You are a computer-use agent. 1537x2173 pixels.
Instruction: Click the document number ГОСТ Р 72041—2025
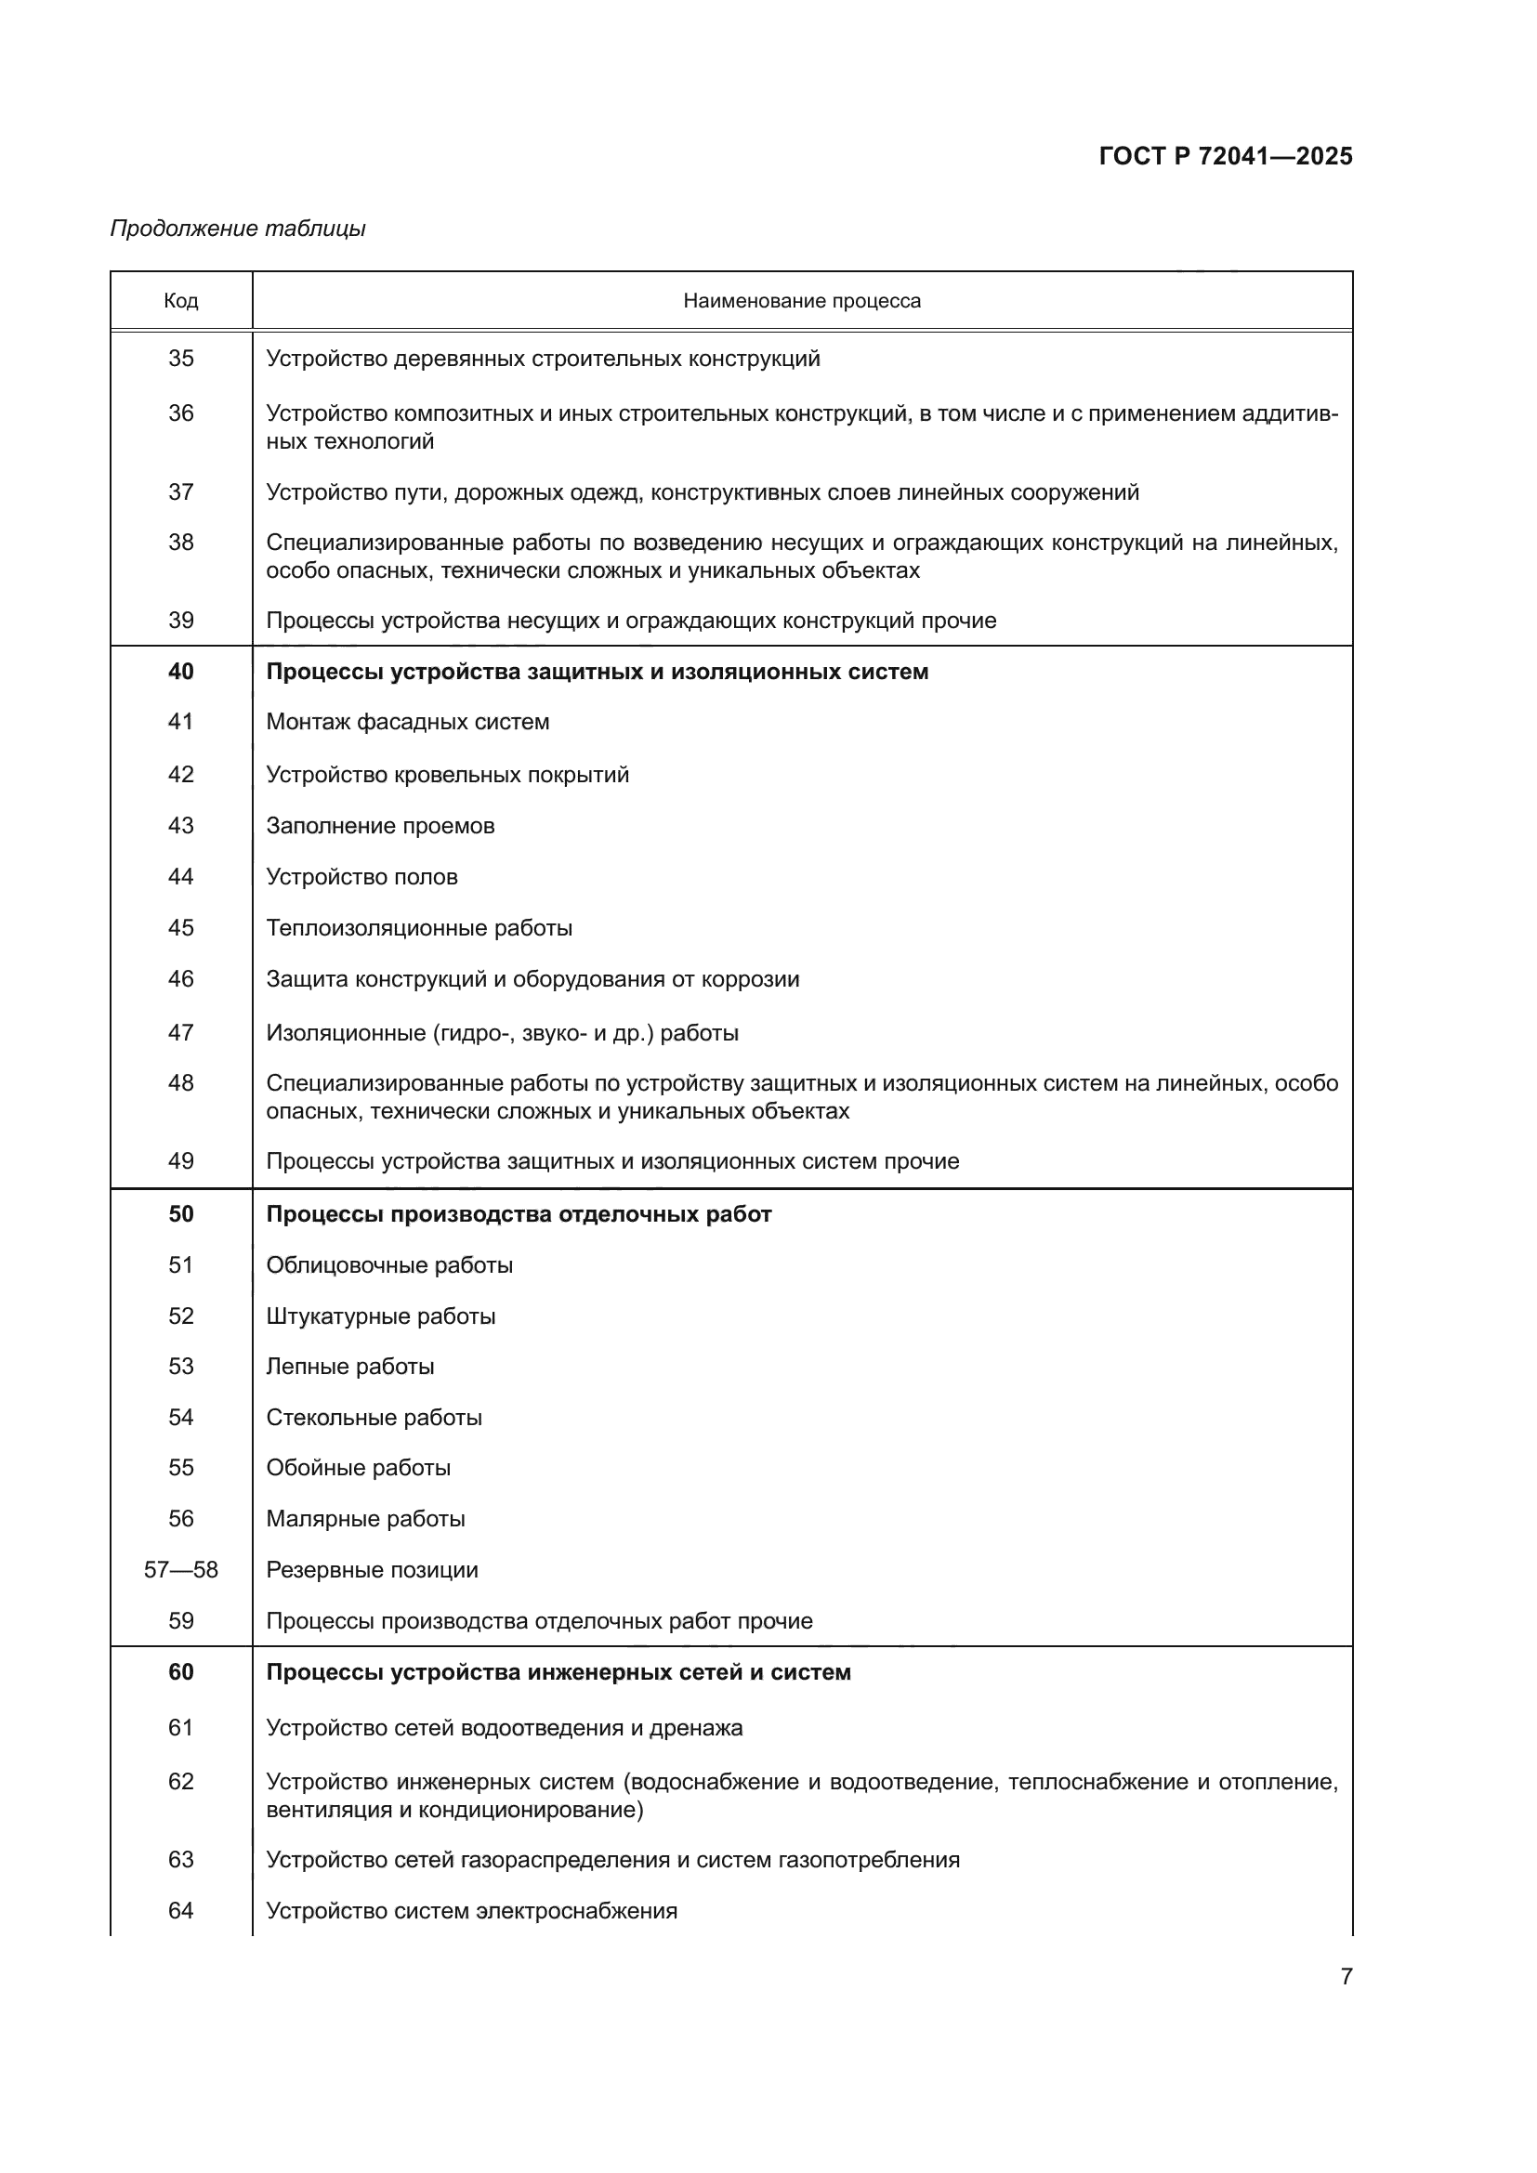coord(1225,156)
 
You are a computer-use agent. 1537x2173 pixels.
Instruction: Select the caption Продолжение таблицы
coord(238,229)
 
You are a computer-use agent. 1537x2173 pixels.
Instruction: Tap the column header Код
coord(181,301)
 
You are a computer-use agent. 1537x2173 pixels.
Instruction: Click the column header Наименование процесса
coord(802,301)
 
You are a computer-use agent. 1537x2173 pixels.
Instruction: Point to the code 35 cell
coord(181,359)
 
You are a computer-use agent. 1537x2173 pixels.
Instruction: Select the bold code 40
coord(181,671)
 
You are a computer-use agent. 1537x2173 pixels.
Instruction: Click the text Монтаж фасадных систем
coord(407,722)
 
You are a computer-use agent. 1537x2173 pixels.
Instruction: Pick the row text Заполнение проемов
coord(379,825)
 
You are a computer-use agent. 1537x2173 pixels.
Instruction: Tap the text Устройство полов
coord(361,876)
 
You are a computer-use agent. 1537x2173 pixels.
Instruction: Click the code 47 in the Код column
coord(181,1031)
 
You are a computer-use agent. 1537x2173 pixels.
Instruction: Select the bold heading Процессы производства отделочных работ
coord(518,1214)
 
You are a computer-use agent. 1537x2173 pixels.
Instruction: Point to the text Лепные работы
coord(349,1367)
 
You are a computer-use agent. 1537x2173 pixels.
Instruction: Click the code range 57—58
coord(181,1570)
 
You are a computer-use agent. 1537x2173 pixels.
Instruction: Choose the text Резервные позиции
coord(372,1570)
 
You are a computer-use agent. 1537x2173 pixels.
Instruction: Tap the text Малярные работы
coord(365,1519)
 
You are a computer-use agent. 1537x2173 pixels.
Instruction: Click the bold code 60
coord(181,1672)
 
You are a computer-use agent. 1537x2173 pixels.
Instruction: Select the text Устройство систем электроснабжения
coord(471,1911)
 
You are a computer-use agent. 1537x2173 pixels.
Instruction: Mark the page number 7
coord(1346,1976)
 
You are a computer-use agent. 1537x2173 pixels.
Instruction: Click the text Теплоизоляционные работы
coord(418,927)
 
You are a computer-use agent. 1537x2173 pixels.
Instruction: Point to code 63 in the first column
coord(181,1860)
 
